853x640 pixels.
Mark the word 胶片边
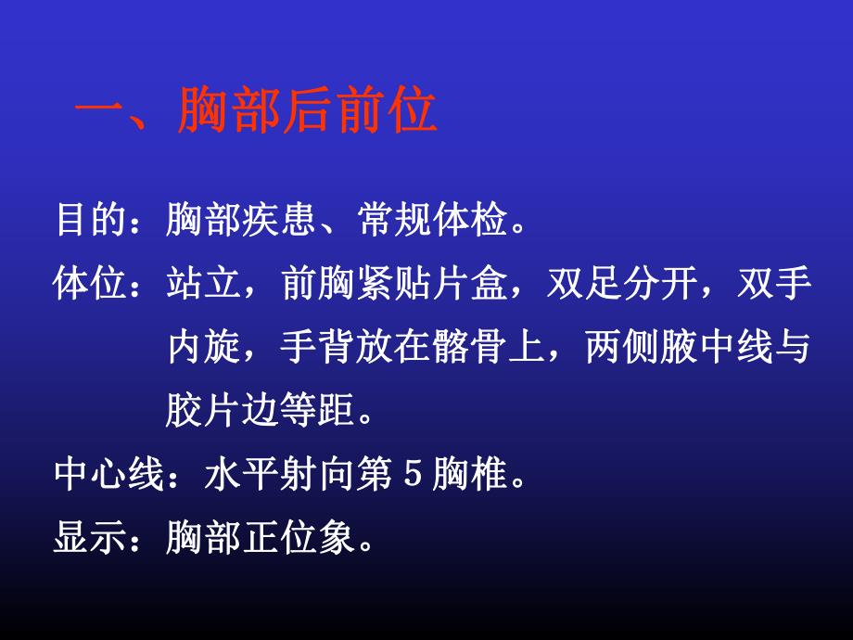click(221, 412)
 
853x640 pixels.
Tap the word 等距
click(314, 412)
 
